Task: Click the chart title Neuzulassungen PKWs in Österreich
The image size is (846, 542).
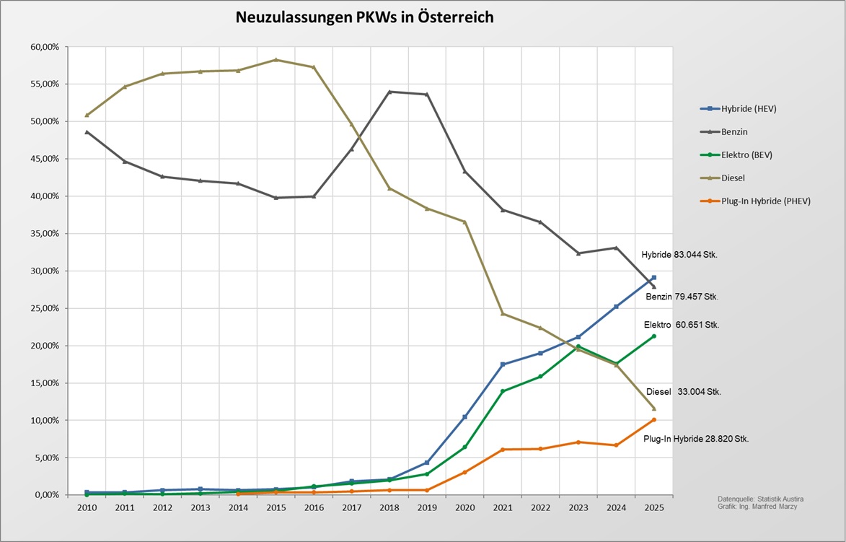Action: tap(365, 17)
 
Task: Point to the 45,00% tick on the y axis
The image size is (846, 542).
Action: tap(45, 159)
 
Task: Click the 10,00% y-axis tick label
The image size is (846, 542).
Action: tap(45, 421)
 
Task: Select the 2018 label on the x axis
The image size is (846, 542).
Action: tap(389, 509)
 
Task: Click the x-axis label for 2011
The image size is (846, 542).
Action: tap(124, 509)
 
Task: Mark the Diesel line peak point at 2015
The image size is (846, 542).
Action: tap(276, 60)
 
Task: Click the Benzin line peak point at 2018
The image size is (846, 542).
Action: tap(389, 92)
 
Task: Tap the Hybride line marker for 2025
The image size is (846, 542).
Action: tap(653, 277)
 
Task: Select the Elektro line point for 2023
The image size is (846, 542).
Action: tap(578, 346)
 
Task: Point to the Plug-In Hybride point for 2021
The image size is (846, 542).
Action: tap(503, 450)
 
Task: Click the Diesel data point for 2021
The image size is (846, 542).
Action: tap(503, 314)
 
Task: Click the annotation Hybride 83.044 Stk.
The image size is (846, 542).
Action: tap(679, 255)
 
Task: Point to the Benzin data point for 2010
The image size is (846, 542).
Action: tap(87, 132)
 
